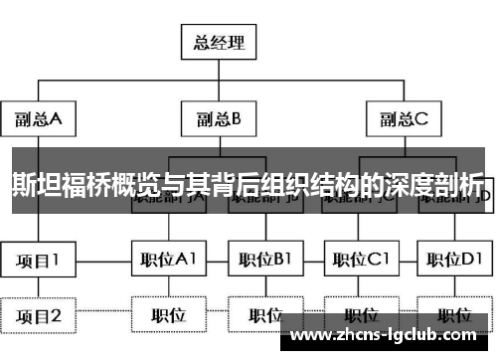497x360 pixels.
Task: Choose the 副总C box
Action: (402, 120)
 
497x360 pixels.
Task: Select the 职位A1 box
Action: (168, 261)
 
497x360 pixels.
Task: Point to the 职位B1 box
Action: (264, 261)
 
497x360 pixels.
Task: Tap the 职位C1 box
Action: (361, 261)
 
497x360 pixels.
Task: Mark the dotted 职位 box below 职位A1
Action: (168, 315)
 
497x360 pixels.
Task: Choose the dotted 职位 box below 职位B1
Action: (264, 315)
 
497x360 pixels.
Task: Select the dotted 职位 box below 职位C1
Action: (361, 315)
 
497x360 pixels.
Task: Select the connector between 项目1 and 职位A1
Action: (104, 261)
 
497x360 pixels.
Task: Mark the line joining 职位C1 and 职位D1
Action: (409, 261)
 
